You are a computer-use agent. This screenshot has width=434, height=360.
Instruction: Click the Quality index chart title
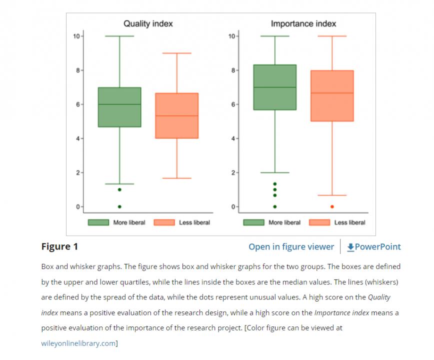[148, 23]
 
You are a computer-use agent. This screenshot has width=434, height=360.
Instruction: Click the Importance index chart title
[303, 23]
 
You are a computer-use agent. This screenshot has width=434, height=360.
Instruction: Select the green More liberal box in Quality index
[119, 107]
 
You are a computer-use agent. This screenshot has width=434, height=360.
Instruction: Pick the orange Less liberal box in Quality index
[177, 115]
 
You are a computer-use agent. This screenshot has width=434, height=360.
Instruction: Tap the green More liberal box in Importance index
[275, 87]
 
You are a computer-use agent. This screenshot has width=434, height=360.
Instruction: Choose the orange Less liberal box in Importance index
[332, 95]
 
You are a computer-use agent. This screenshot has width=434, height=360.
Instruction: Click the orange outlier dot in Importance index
[332, 206]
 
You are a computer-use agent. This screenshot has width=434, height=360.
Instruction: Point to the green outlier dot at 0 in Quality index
[119, 206]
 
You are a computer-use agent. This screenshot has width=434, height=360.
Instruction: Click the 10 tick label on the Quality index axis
[76, 36]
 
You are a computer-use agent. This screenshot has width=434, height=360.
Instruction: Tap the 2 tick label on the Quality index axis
[77, 172]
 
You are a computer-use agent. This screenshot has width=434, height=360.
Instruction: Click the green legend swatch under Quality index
[98, 222]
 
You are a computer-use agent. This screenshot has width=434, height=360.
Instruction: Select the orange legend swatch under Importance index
[319, 222]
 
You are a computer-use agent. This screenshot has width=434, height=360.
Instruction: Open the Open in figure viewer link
[291, 246]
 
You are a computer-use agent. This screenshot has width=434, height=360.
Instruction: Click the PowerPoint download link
[373, 246]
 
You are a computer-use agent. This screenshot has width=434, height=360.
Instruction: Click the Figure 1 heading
[59, 246]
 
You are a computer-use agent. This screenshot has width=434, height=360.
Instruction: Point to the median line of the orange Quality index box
[177, 116]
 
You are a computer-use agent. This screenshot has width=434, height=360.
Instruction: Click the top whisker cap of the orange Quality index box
[177, 53]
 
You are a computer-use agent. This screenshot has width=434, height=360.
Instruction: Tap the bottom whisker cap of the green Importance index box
[275, 172]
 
